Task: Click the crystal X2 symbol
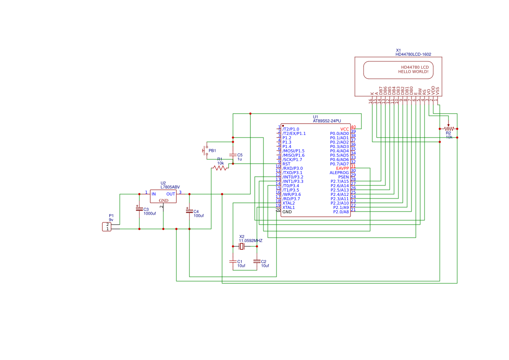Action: pyautogui.click(x=242, y=247)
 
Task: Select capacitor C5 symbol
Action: pyautogui.click(x=233, y=155)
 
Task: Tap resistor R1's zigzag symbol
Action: pyautogui.click(x=220, y=168)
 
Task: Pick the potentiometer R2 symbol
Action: pyautogui.click(x=448, y=128)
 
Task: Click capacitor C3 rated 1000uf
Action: pyautogui.click(x=139, y=209)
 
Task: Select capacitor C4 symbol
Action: pyautogui.click(x=189, y=211)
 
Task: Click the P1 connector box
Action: pyautogui.click(x=107, y=226)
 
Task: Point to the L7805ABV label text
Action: pyautogui.click(x=170, y=187)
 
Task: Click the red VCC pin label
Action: pyautogui.click(x=344, y=129)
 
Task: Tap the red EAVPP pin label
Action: pyautogui.click(x=342, y=168)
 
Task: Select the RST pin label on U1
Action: pyautogui.click(x=287, y=164)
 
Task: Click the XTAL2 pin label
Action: pyautogui.click(x=289, y=203)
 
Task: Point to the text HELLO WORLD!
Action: pyautogui.click(x=413, y=71)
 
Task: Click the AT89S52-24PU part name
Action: pyautogui.click(x=327, y=121)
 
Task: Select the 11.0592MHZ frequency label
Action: pyautogui.click(x=250, y=240)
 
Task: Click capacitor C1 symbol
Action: pyautogui.click(x=233, y=261)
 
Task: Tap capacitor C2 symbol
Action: pyautogui.click(x=257, y=261)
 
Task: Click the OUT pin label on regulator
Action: pyautogui.click(x=171, y=194)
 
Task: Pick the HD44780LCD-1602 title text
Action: pyautogui.click(x=413, y=54)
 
